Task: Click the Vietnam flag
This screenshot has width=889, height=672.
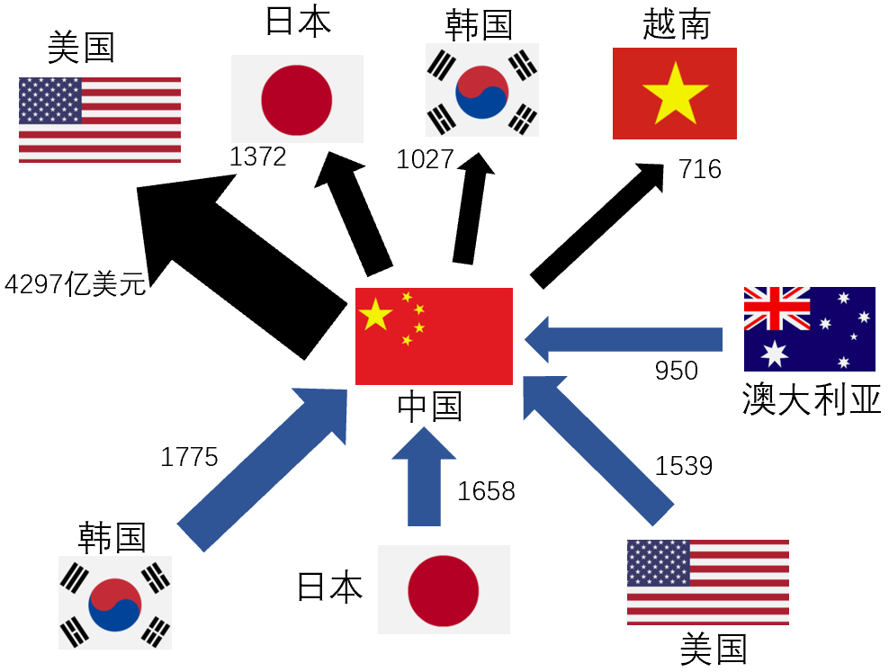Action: (674, 94)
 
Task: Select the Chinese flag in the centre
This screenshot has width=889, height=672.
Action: (434, 336)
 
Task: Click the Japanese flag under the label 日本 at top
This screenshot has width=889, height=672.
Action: (297, 98)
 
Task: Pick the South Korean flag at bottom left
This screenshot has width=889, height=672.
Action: (115, 602)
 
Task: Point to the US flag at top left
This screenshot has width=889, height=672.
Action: (99, 120)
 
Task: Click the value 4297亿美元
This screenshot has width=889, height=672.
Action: (75, 285)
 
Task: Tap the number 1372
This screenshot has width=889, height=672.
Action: (257, 157)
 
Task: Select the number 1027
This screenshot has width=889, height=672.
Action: (425, 159)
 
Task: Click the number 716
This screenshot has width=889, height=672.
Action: (700, 168)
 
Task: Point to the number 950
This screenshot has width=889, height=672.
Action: (676, 369)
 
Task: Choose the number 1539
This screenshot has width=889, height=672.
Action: (683, 465)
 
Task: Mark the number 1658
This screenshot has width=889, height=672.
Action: (486, 490)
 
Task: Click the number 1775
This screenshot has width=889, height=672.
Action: (189, 457)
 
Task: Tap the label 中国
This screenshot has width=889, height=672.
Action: (429, 407)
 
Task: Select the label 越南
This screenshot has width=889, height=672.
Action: (676, 24)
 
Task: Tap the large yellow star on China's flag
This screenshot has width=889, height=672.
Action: (375, 314)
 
